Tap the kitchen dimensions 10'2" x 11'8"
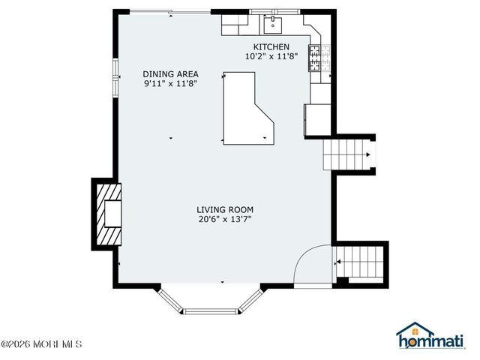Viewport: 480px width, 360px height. tap(271, 56)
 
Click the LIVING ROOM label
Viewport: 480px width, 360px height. tap(225, 210)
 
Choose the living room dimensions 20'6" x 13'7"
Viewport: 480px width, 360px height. tap(225, 220)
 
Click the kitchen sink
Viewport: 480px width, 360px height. tap(271, 25)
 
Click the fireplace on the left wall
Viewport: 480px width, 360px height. tap(106, 214)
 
